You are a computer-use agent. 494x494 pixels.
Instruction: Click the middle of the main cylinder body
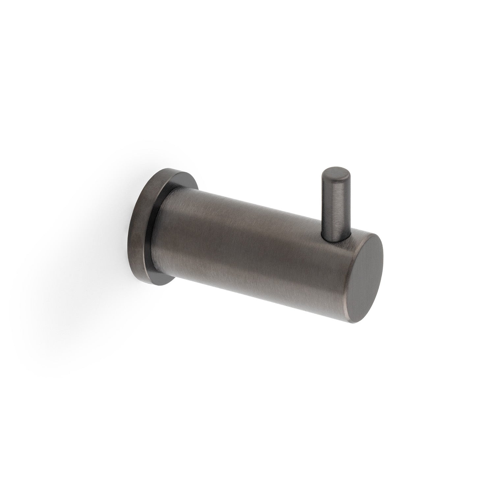[x=257, y=237]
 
